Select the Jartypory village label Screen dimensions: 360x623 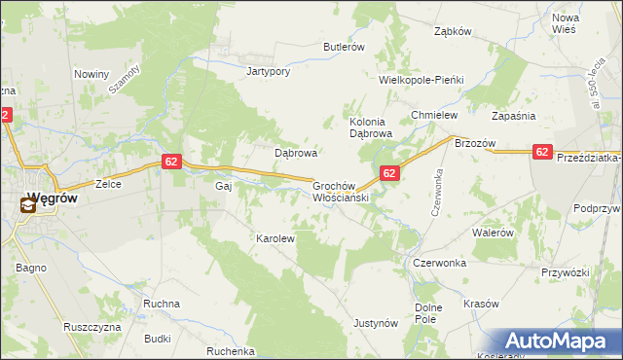tap(269, 71)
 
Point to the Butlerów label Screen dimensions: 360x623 tap(344, 47)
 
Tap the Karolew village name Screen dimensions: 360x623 tap(275, 237)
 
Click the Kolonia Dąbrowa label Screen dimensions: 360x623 tap(370, 126)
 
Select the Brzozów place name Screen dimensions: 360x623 tap(476, 143)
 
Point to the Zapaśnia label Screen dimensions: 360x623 tap(541, 115)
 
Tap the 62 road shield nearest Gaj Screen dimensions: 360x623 tap(170, 162)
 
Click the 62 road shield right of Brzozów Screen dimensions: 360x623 tap(543, 152)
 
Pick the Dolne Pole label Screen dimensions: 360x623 tap(429, 312)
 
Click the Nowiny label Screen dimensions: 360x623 tap(91, 74)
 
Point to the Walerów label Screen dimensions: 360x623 tap(493, 233)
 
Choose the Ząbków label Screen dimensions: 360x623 tap(453, 31)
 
